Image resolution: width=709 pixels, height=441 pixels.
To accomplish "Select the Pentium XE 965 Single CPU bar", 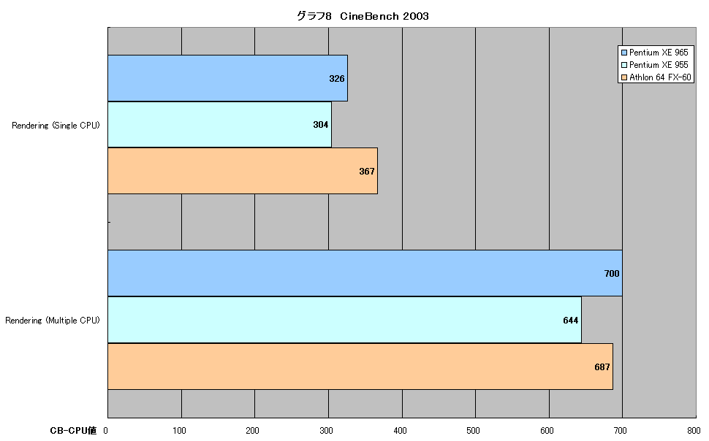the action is tap(227, 78).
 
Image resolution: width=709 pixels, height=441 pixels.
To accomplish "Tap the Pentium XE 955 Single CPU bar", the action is tap(219, 124).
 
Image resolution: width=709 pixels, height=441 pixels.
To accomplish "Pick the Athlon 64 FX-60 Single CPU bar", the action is tap(243, 171).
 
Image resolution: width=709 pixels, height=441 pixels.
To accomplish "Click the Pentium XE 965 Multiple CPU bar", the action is tap(365, 273).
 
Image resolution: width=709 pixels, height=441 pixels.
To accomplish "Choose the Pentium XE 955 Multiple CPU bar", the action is tap(344, 320).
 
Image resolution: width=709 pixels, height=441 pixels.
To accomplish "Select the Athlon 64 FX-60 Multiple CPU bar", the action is tap(360, 366).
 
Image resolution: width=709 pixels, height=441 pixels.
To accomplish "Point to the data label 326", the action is tap(337, 79).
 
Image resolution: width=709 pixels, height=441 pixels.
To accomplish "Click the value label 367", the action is tap(367, 172).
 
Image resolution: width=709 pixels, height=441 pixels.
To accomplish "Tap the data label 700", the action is tap(612, 273).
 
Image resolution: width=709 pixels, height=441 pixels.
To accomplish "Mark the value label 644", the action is tap(571, 320).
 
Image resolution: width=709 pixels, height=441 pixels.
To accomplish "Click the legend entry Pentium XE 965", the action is tap(655, 53).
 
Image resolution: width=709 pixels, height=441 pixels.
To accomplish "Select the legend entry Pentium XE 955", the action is tap(655, 64).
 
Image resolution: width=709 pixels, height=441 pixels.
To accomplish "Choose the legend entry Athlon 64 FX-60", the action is tap(656, 77).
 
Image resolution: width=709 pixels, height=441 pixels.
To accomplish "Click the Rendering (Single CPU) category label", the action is tap(56, 126).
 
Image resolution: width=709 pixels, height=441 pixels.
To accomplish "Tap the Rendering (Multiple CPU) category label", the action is tap(53, 321).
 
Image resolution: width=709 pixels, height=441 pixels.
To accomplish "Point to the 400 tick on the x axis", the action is tap(400, 431).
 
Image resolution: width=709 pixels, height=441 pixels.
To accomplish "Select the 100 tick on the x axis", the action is tap(180, 431).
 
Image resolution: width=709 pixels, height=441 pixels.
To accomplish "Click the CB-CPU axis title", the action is tap(73, 431).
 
